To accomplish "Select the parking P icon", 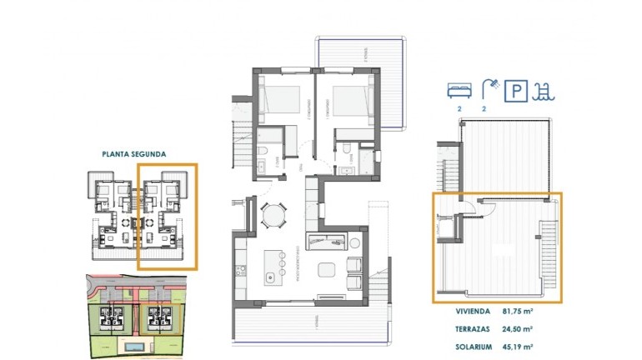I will point(518,88).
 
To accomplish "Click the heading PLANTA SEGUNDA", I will point(133,154).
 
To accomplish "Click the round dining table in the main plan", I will point(272,216).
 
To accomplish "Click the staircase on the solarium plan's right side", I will point(549,250).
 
